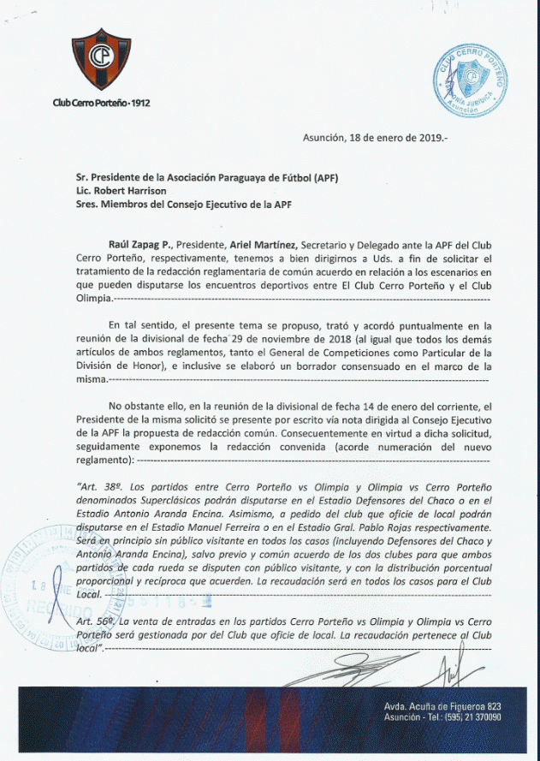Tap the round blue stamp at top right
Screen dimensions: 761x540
click(469, 84)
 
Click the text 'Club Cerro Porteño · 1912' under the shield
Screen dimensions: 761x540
click(100, 103)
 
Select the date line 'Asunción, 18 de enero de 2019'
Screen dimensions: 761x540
click(375, 137)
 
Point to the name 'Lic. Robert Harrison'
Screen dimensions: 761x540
click(120, 191)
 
